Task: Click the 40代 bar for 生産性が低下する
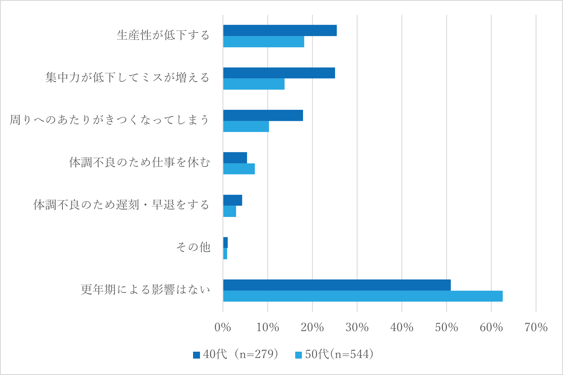[x=280, y=31]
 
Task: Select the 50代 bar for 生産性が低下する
[x=263, y=42]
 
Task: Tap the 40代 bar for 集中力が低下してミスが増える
[x=279, y=73]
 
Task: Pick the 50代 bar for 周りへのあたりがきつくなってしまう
[x=246, y=126]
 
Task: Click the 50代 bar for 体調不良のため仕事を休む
[x=239, y=169]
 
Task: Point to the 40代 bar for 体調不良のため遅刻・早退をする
[x=233, y=200]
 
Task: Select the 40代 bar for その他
[x=225, y=243]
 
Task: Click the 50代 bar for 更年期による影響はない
[x=363, y=296]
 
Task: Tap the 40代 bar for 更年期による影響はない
[x=337, y=285]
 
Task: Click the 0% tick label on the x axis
[x=222, y=327]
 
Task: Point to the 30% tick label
[x=357, y=327]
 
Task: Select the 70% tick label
[x=536, y=327]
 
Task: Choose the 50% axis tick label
[x=446, y=327]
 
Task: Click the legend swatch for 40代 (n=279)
[x=197, y=355]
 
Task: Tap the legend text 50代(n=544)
[x=339, y=354]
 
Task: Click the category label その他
[x=193, y=247]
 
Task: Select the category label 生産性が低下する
[x=163, y=35]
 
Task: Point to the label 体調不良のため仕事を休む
[x=139, y=162]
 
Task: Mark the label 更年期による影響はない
[x=145, y=289]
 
